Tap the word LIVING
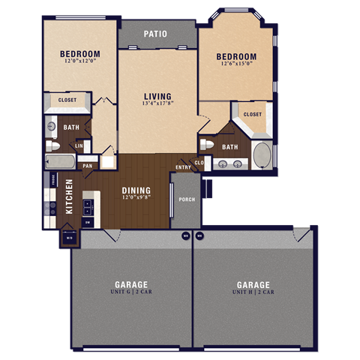(157, 96)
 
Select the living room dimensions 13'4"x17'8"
(157, 104)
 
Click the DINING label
(136, 190)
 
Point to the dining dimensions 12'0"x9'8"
(136, 199)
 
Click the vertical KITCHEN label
(69, 196)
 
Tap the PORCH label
(186, 199)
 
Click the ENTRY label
(183, 167)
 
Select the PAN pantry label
(88, 166)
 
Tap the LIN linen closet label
(79, 145)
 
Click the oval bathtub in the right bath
(262, 155)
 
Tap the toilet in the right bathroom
(208, 144)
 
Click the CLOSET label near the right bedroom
(252, 115)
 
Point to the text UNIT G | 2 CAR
(130, 292)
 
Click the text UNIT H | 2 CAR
(253, 292)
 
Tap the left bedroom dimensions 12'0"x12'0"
(79, 61)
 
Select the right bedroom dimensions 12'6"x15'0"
(236, 64)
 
